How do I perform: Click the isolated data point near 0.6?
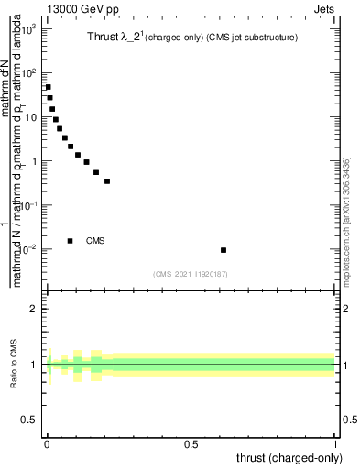(x=224, y=250)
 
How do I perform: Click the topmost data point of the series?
(x=48, y=87)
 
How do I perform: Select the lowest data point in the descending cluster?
(x=107, y=181)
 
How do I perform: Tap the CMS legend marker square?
(x=70, y=241)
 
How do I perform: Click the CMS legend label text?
(x=95, y=241)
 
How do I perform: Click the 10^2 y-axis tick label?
(x=27, y=73)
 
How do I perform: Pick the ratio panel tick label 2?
(x=34, y=309)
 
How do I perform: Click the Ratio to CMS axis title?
(x=13, y=365)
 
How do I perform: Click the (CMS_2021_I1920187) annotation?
(x=191, y=274)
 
